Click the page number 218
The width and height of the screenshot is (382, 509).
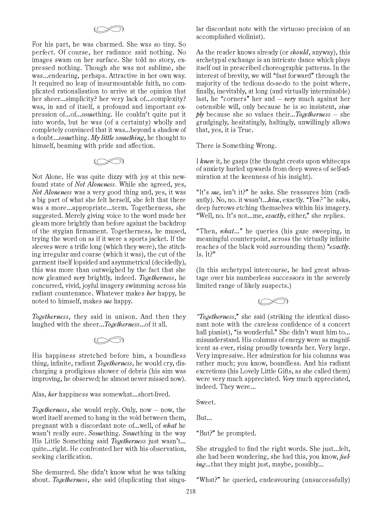tap(191, 491)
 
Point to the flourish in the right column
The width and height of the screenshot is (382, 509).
tap(273, 302)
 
